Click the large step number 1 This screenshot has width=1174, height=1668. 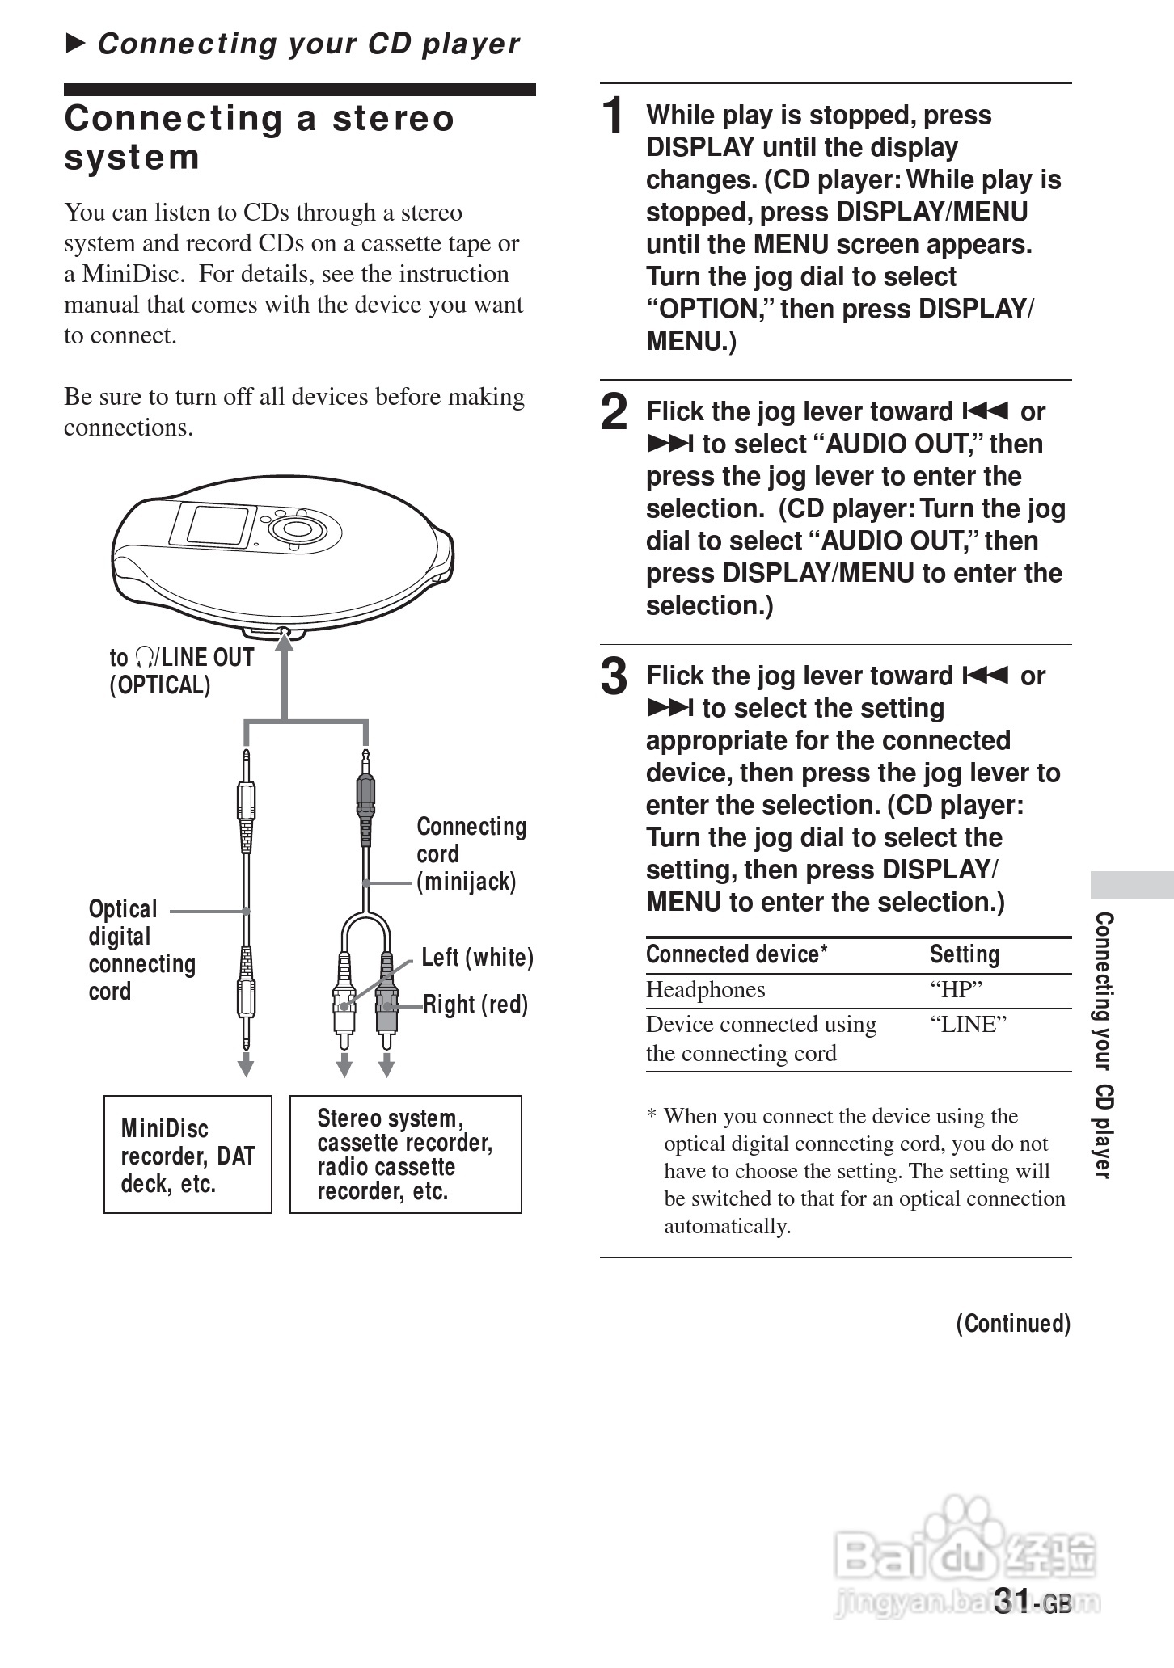click(614, 115)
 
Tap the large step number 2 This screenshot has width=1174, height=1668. click(614, 412)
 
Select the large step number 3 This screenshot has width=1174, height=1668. click(614, 677)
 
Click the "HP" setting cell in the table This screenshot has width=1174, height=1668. click(956, 990)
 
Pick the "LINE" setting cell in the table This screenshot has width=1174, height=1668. click(968, 1025)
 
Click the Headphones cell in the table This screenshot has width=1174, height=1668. click(705, 990)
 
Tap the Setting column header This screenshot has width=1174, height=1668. click(964, 954)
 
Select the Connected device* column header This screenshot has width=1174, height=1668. click(736, 954)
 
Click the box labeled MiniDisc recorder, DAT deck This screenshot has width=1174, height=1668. click(188, 1155)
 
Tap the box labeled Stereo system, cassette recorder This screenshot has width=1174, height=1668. click(405, 1155)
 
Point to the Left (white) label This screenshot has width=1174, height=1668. click(477, 958)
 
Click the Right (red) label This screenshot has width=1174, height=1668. click(475, 1005)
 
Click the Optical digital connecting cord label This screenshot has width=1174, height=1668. click(141, 950)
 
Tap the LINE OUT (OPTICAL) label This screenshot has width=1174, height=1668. click(181, 672)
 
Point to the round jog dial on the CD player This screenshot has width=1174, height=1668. click(297, 529)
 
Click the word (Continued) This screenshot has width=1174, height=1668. click(1013, 1324)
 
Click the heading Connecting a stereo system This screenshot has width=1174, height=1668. click(259, 137)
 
